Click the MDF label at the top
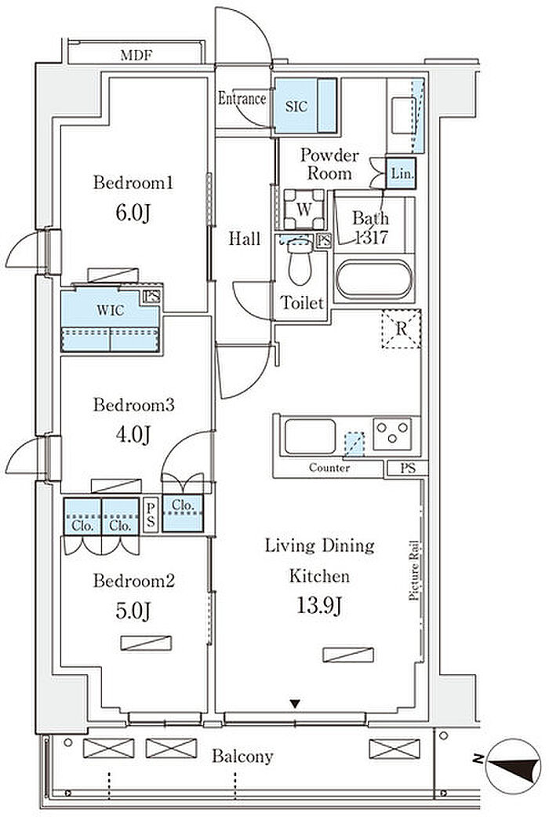point(136,55)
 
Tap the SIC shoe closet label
point(296,106)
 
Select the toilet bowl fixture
point(300,262)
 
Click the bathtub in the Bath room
point(374,279)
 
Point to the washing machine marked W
point(304,210)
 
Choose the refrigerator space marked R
point(401,329)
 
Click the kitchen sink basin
point(310,436)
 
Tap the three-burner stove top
point(393,433)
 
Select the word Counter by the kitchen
point(329,468)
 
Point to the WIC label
point(111,311)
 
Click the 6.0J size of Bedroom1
point(133,213)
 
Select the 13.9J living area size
point(319,606)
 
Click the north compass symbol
point(513,766)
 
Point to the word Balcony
point(242,756)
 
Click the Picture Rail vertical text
point(415,571)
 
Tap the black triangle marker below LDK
point(296,704)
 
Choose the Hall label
point(245,239)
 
